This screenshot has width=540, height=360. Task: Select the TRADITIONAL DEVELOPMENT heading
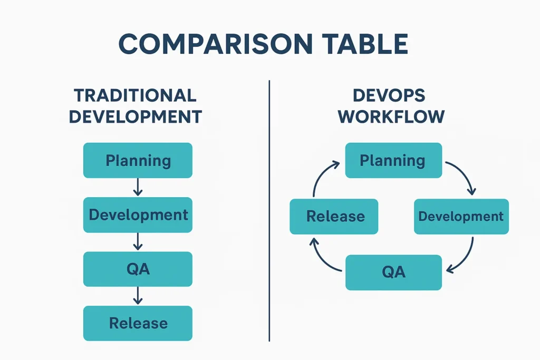[136, 106]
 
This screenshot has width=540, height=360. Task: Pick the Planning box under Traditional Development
[138, 160]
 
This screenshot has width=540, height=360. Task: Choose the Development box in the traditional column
[138, 215]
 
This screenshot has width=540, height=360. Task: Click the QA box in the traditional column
[138, 269]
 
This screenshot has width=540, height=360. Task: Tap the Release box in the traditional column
[138, 323]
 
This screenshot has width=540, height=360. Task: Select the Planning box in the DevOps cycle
[393, 160]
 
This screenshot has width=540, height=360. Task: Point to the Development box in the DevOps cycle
[461, 216]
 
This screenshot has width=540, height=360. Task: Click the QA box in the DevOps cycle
[393, 272]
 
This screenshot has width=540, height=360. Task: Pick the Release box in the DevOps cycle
[334, 216]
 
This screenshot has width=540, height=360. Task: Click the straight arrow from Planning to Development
[138, 187]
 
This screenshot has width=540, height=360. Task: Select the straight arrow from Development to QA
[138, 241]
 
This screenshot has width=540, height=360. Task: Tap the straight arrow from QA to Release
[138, 296]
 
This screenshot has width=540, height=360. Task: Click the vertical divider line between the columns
[269, 211]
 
